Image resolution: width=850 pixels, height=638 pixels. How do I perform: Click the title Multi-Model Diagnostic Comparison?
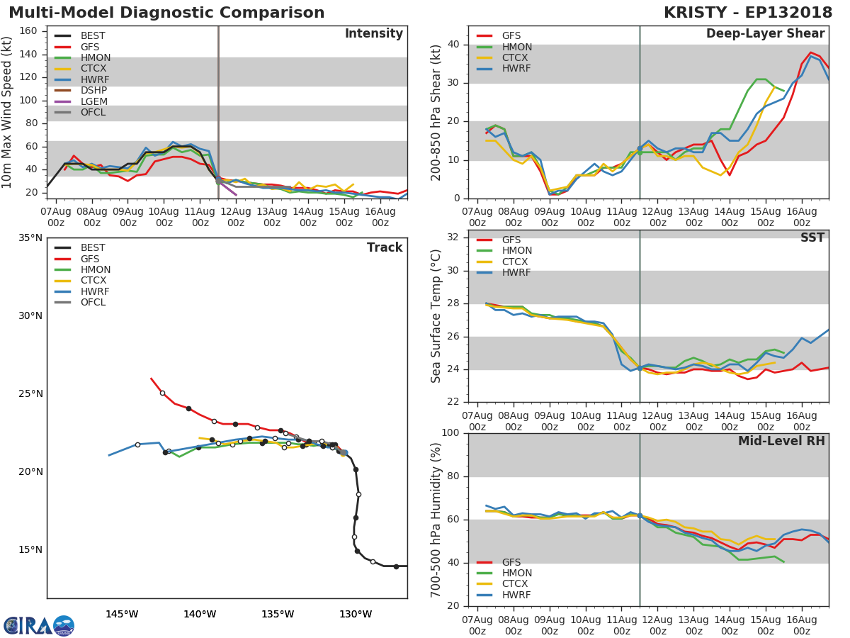click(x=166, y=13)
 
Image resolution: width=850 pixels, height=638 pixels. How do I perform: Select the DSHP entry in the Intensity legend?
click(x=93, y=91)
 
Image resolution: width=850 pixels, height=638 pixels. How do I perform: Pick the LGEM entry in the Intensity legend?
click(x=93, y=101)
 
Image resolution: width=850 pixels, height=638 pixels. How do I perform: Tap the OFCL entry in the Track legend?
click(x=93, y=303)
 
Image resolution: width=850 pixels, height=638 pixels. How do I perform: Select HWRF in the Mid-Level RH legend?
click(x=516, y=595)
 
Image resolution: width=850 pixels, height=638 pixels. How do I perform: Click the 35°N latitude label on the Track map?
click(x=30, y=237)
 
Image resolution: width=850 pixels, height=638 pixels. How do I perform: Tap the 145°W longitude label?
click(x=122, y=614)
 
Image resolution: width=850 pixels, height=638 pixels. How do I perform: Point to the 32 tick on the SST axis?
click(x=453, y=237)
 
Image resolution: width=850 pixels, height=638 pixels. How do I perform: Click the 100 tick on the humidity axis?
click(x=450, y=433)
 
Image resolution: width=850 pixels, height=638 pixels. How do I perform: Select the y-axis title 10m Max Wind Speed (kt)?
click(x=8, y=112)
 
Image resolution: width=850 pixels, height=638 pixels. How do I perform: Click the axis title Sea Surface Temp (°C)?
click(x=436, y=316)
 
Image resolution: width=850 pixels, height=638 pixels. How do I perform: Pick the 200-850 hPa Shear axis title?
click(x=436, y=112)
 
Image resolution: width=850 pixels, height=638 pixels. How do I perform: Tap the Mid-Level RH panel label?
click(x=781, y=441)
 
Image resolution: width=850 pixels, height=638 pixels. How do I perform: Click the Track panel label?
click(x=384, y=247)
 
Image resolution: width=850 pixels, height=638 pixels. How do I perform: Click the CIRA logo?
click(x=39, y=625)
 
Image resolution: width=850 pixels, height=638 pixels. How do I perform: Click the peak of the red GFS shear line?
click(x=811, y=52)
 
